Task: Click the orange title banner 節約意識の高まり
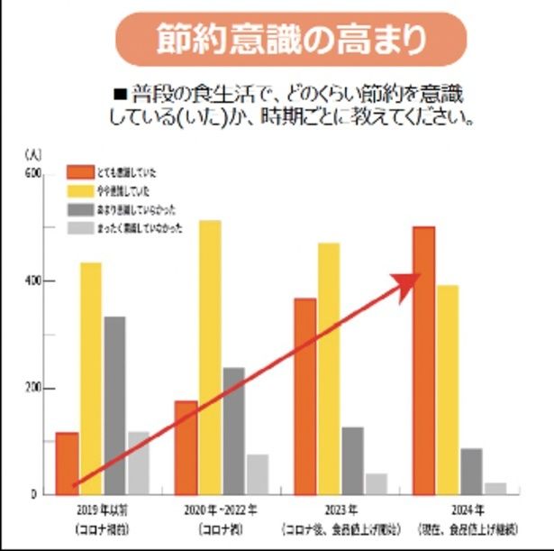289,39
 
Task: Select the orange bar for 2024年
423,360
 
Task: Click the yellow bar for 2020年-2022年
210,357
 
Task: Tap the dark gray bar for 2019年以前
114,405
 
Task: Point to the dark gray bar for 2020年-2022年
234,430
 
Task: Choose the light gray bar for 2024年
495,488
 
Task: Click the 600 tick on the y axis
32,174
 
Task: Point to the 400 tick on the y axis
32,281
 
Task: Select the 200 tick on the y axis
32,389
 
